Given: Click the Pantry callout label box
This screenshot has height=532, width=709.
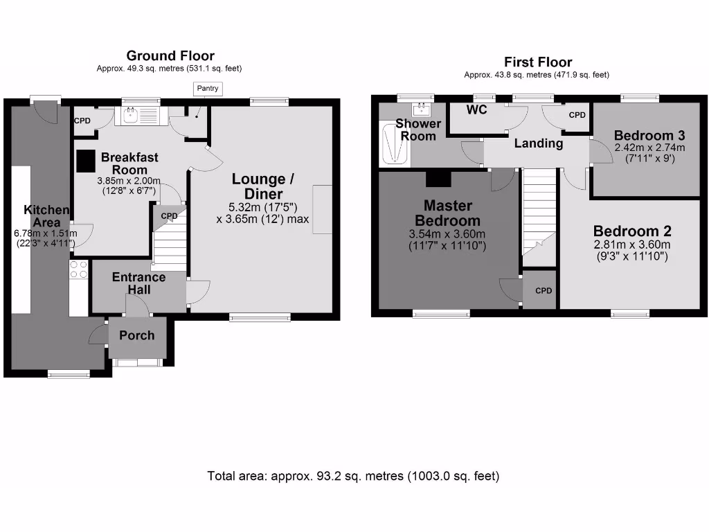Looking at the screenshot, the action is [x=208, y=88].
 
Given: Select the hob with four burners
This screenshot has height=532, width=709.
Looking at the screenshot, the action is [x=78, y=269].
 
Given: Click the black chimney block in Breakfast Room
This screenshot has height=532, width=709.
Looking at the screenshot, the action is [x=85, y=161].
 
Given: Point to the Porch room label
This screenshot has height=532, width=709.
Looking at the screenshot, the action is [x=137, y=335].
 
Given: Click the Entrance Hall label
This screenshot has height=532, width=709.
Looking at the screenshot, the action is [x=138, y=283].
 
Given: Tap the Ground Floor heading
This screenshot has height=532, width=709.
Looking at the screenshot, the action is [x=170, y=55].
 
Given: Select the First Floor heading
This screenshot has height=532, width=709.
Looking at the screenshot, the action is [x=538, y=62].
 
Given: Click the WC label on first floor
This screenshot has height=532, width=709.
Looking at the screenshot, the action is [x=476, y=109].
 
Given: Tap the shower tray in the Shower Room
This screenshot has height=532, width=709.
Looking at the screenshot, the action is [x=395, y=143].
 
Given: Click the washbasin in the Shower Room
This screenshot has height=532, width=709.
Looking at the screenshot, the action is [x=422, y=109].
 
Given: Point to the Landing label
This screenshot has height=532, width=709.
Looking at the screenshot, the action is [x=539, y=143].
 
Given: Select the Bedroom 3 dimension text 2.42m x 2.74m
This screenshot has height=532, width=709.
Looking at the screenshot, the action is [x=649, y=148].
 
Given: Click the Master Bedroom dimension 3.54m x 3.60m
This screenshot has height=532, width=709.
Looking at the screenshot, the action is [x=447, y=234].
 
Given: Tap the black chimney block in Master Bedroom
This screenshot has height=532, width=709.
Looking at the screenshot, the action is [x=438, y=179].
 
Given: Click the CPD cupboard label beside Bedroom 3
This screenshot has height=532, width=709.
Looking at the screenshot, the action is [x=577, y=115].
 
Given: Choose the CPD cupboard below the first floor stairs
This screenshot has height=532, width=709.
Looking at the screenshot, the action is [x=539, y=290].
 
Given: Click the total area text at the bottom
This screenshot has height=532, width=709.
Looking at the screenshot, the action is [x=353, y=476].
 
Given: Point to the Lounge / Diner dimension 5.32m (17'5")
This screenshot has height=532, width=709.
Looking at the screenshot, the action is [x=262, y=207].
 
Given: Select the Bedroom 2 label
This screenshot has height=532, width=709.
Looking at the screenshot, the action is [x=632, y=231].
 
